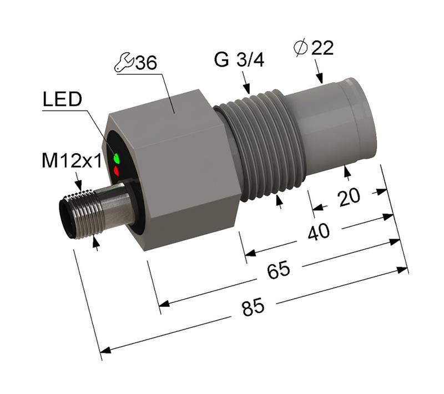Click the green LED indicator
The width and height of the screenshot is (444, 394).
117,159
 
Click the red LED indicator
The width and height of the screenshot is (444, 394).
117,171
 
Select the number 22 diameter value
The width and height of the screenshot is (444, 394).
322,48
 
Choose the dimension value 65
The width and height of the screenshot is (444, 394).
278,271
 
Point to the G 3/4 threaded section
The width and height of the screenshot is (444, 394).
261,144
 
